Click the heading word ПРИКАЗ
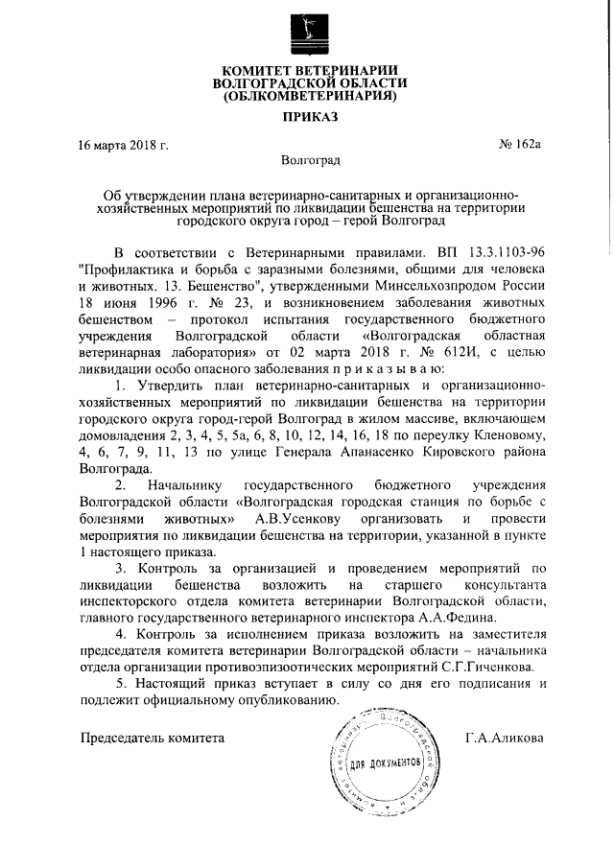coord(307,120)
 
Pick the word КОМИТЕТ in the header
coord(261,69)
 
